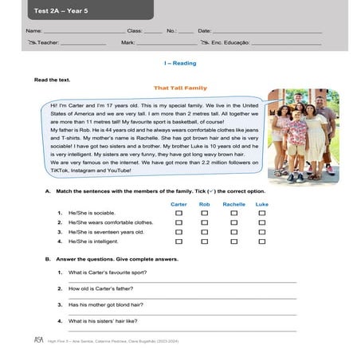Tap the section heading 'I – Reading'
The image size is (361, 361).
coord(179,62)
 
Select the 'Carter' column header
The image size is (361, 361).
coord(179,204)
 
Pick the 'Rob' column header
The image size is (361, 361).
coord(204,204)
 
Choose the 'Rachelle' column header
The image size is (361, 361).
coord(233,204)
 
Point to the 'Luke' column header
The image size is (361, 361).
coord(261,204)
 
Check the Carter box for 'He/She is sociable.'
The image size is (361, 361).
coord(179,214)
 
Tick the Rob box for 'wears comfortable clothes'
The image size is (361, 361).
coord(205,222)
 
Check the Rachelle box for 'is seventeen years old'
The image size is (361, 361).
coord(233,232)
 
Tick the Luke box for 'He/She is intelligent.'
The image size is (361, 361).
coord(262,241)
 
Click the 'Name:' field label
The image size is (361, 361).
coord(33,30)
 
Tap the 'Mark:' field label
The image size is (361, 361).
coord(128,42)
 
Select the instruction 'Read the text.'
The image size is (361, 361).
coord(52,80)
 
